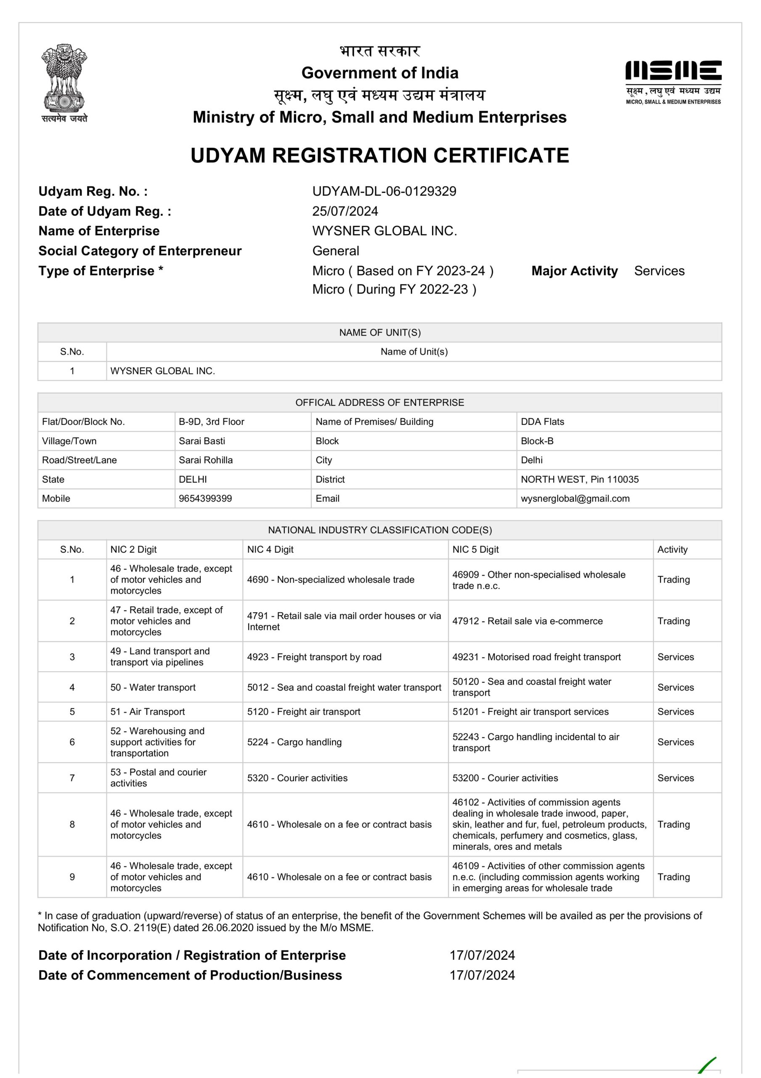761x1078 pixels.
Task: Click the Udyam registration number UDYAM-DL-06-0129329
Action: pyautogui.click(x=384, y=191)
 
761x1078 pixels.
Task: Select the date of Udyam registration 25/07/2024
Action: pyautogui.click(x=345, y=211)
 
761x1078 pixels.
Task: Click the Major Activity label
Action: pyautogui.click(x=574, y=271)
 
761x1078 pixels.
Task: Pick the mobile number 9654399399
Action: pyautogui.click(x=205, y=499)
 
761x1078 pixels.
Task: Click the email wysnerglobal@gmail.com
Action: pyautogui.click(x=575, y=499)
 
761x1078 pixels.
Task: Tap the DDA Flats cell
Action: pyautogui.click(x=542, y=422)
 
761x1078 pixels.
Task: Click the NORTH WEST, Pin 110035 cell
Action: pyautogui.click(x=579, y=479)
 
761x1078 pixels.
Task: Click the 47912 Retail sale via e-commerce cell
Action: pyautogui.click(x=528, y=621)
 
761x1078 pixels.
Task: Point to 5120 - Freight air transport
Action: pyautogui.click(x=304, y=712)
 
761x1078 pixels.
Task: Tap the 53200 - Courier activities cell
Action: pyautogui.click(x=505, y=778)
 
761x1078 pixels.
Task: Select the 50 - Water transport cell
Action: pyautogui.click(x=153, y=687)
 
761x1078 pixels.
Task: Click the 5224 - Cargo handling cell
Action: pyautogui.click(x=294, y=742)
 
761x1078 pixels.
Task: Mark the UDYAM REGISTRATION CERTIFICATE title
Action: pyautogui.click(x=379, y=155)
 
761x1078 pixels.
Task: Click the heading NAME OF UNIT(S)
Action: pyautogui.click(x=379, y=332)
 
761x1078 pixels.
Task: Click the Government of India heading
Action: pyautogui.click(x=379, y=73)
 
